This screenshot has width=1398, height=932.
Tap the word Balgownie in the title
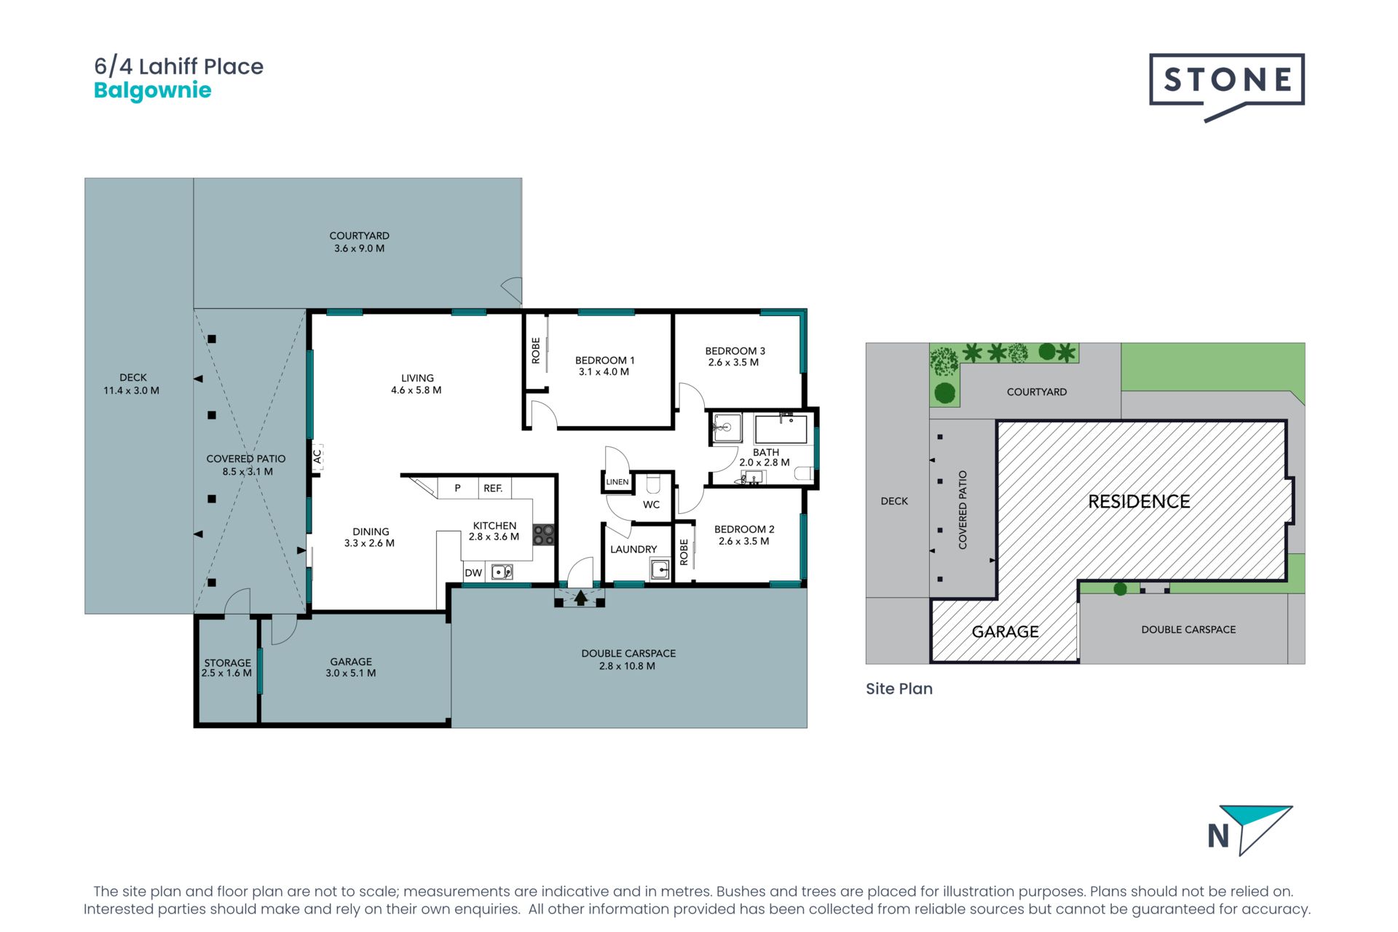[153, 91]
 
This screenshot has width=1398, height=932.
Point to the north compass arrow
[1256, 829]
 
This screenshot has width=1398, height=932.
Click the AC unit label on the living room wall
[317, 457]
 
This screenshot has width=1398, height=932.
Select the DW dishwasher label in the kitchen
[473, 573]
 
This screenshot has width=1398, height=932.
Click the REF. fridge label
[493, 489]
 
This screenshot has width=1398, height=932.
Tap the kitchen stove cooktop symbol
[544, 535]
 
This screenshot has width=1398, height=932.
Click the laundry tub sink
[660, 569]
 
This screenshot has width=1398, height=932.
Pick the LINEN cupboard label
[617, 482]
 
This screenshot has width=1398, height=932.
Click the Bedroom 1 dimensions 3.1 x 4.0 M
[604, 372]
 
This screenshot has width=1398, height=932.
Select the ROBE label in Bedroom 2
[684, 552]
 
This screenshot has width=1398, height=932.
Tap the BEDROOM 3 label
[735, 351]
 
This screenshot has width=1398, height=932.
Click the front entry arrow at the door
[580, 598]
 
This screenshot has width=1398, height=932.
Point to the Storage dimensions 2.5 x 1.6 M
[226, 674]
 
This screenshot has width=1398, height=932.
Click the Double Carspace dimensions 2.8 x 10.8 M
[628, 666]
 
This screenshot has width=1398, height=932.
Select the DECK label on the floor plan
[133, 378]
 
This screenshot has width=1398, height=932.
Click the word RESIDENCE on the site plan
[1140, 502]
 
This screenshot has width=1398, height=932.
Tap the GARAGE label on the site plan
[1006, 632]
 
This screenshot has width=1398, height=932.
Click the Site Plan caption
[899, 689]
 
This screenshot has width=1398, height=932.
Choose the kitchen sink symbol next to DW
[502, 572]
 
